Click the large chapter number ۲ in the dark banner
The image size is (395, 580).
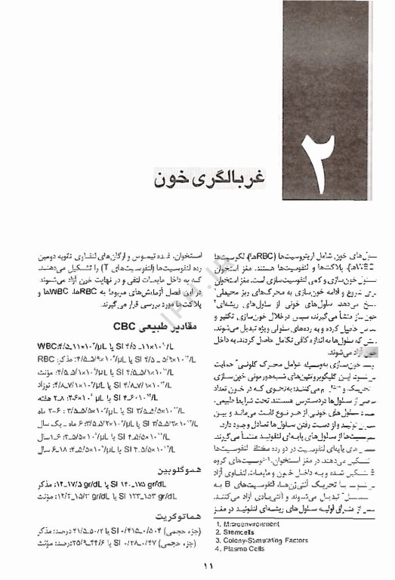tap(316, 181)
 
